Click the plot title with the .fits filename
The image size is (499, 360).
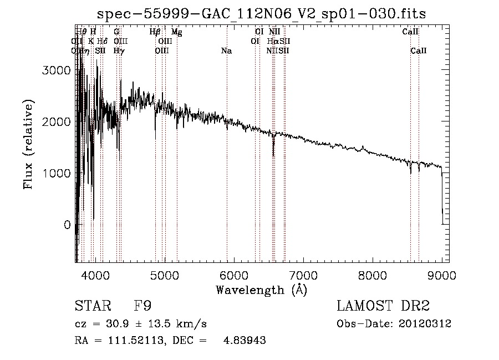coord(262,14)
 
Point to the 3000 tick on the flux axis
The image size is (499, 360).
coord(58,70)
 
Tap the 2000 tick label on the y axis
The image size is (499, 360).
coord(58,122)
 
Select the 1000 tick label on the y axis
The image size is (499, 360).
coord(58,174)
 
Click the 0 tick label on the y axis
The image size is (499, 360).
coord(67,225)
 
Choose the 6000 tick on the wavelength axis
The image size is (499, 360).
coord(234,275)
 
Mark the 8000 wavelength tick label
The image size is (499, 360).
coord(373,275)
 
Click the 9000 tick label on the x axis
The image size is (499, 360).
coord(442,275)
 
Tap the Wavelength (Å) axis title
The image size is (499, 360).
coord(261,290)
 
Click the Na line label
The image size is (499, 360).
coord(226,51)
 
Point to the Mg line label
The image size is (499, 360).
coord(176,32)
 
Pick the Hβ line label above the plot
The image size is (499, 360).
coord(155,32)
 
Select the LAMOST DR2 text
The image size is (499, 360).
coord(383,306)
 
